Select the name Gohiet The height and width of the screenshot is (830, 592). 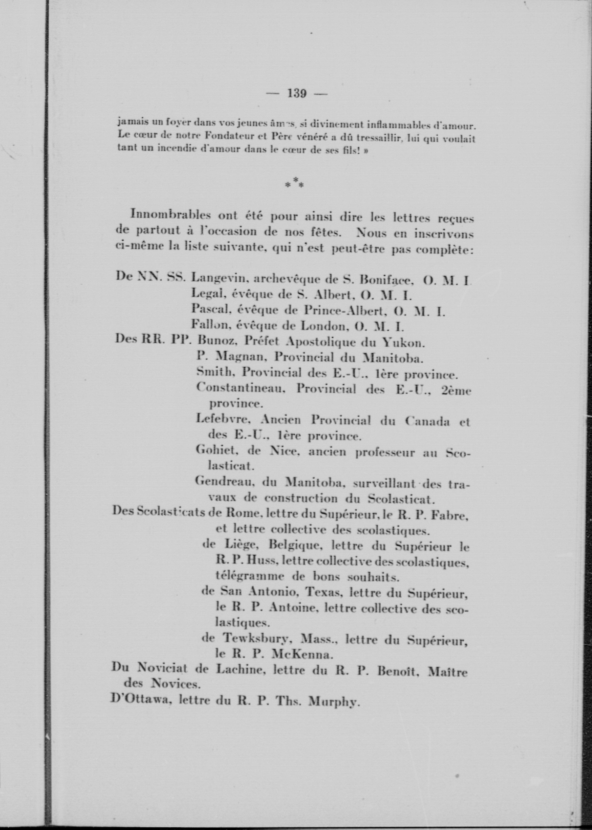217,451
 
